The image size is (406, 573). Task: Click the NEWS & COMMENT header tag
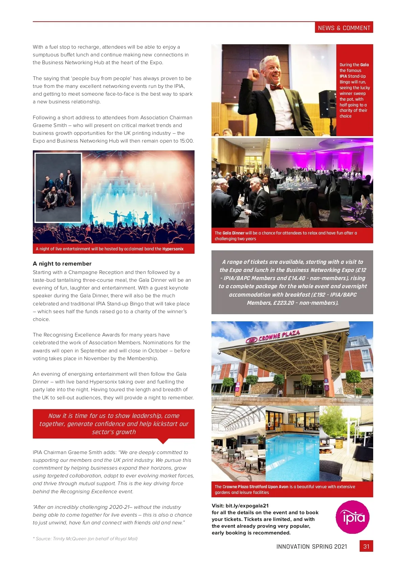click(344, 28)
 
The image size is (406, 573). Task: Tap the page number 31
click(366, 546)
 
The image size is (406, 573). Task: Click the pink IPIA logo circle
click(352, 517)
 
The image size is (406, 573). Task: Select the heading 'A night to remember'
click(62, 264)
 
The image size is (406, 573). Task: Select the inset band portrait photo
click(59, 188)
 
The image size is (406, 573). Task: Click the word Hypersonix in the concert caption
click(173, 249)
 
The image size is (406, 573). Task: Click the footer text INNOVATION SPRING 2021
click(312, 547)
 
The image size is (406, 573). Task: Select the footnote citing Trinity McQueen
click(85, 539)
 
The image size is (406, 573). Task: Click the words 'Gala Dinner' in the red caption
click(233, 233)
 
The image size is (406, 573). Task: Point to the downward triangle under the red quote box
click(163, 441)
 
